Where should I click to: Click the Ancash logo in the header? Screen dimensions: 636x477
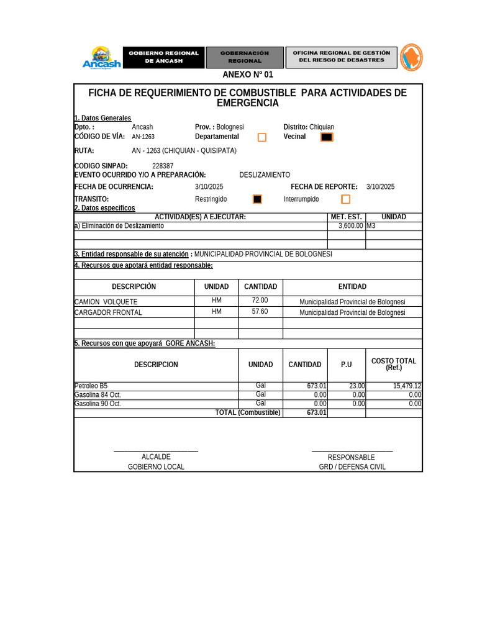102,57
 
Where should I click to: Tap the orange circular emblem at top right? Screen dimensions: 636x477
411,57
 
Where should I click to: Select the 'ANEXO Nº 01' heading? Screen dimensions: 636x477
248,75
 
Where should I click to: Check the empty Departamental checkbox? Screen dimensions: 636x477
262,137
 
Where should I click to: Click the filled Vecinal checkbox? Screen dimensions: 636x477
327,137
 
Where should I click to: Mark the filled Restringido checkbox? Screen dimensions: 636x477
257,199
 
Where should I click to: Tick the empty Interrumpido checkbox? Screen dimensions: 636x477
345,199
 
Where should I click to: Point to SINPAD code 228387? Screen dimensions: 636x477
163,166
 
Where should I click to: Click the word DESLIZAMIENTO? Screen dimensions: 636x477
265,175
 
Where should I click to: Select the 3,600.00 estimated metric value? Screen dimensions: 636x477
350,226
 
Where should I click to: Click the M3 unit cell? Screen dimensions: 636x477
372,226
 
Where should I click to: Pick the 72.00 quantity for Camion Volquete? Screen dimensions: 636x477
260,301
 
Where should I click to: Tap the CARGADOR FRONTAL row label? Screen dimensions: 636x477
108,312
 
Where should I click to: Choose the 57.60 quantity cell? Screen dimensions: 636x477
260,312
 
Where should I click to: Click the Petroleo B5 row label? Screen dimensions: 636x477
91,386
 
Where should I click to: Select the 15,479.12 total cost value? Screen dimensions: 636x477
407,386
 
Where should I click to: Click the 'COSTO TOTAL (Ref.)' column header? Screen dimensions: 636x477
394,365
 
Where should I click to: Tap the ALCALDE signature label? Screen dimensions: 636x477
156,457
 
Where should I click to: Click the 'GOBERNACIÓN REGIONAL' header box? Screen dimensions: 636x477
245,57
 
